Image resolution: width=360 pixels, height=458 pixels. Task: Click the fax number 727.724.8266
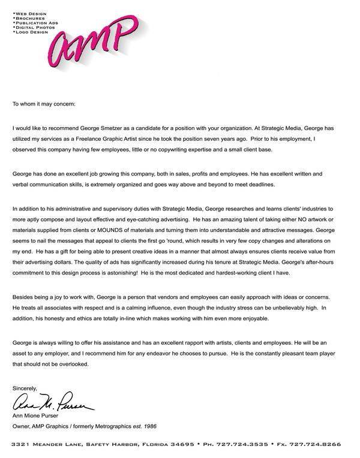323,445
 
